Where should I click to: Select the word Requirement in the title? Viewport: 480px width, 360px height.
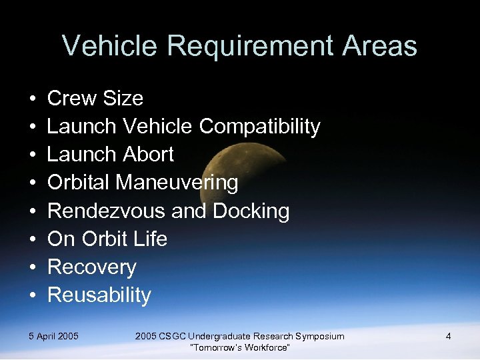click(x=249, y=47)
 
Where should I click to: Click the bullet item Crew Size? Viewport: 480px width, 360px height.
click(x=95, y=99)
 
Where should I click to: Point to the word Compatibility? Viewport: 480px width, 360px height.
click(x=260, y=127)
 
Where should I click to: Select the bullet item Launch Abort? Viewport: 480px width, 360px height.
click(x=111, y=155)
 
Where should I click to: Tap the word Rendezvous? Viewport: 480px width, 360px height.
click(x=107, y=211)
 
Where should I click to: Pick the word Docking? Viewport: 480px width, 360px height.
click(x=251, y=211)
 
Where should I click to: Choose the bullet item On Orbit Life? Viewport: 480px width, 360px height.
click(x=107, y=239)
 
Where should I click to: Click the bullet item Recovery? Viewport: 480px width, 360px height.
click(x=92, y=267)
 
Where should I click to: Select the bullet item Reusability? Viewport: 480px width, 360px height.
click(x=99, y=295)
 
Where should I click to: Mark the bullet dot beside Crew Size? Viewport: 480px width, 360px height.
click(x=33, y=99)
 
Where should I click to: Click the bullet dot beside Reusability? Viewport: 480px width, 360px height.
click(x=33, y=296)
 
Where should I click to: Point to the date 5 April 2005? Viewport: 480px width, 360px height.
click(x=54, y=336)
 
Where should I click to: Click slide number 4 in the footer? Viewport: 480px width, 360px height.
click(x=448, y=336)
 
